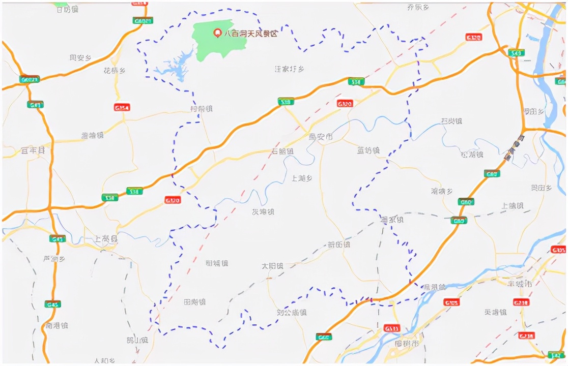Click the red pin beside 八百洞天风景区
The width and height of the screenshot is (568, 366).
coord(217,33)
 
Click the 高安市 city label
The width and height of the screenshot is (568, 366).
coord(321,137)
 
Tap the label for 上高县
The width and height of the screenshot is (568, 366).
coord(106,238)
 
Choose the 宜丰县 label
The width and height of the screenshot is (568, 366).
coord(33,150)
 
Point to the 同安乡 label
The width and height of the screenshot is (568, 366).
coord(80,58)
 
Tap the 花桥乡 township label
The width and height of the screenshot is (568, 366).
coord(115,71)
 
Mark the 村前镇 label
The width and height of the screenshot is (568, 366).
coord(201,109)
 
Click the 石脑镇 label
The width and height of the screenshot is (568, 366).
coord(282,151)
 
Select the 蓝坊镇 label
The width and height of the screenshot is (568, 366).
coord(368,150)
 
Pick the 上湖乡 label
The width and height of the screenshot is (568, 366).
coord(302,178)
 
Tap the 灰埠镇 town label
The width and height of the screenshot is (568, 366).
coord(263,211)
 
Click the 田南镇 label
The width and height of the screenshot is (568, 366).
coord(194,302)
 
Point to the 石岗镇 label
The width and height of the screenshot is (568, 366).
coord(451,121)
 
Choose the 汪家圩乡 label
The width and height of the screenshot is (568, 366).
coord(289,69)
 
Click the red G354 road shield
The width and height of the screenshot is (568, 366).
coord(122,107)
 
